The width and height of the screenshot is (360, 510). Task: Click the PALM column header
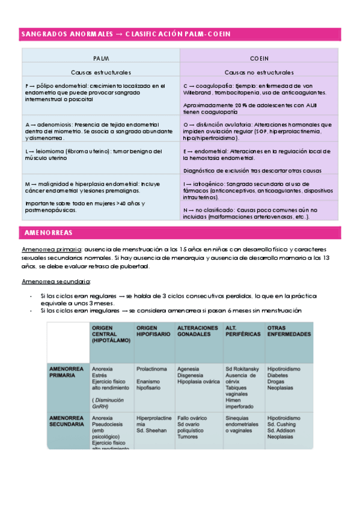coord(100,58)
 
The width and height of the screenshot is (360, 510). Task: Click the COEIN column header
coord(259,58)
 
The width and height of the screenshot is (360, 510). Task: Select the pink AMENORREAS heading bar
coord(181,232)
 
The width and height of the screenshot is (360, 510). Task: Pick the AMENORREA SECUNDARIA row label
coord(67,420)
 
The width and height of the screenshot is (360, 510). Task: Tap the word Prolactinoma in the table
coord(151,367)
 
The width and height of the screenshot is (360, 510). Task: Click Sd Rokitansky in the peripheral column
coord(242,367)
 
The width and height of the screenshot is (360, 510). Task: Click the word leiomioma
coord(50,152)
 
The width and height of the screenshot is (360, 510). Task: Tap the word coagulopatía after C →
coord(212,86)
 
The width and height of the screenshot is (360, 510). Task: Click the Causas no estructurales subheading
coord(259,72)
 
